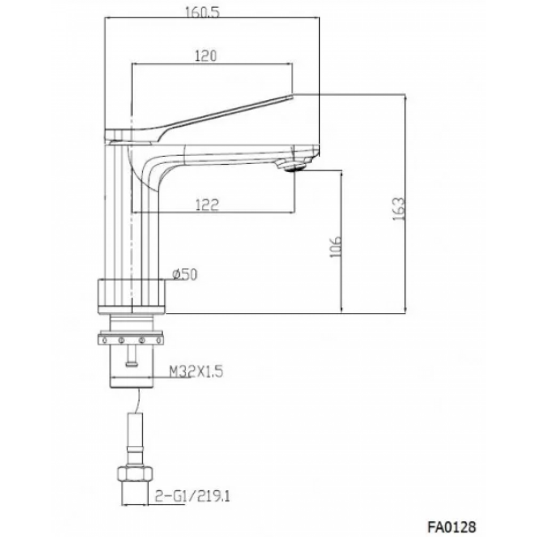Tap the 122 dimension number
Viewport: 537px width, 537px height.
point(207,205)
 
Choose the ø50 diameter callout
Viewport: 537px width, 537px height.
point(184,274)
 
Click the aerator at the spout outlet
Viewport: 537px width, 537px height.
point(293,168)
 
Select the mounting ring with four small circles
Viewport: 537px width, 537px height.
point(131,338)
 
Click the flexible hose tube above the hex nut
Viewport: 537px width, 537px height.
point(135,443)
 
